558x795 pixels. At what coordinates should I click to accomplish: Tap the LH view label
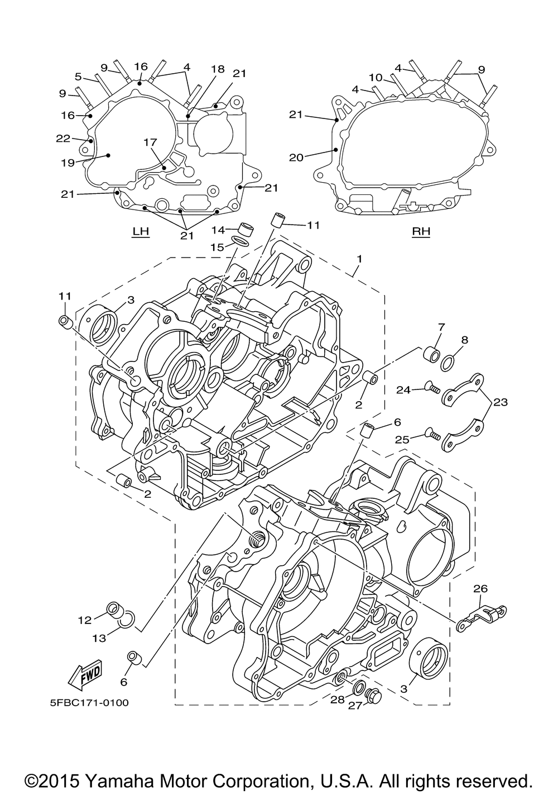pyautogui.click(x=141, y=232)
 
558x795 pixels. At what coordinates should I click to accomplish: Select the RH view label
pyautogui.click(x=421, y=231)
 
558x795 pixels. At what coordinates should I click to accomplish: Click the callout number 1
pyautogui.click(x=359, y=259)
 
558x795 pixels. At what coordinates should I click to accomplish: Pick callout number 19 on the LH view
pyautogui.click(x=68, y=163)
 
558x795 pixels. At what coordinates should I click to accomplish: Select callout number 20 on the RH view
pyautogui.click(x=296, y=157)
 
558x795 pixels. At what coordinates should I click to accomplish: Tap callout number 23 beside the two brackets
pyautogui.click(x=500, y=402)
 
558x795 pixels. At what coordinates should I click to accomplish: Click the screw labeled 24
pyautogui.click(x=432, y=390)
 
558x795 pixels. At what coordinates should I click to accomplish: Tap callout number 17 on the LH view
pyautogui.click(x=150, y=142)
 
